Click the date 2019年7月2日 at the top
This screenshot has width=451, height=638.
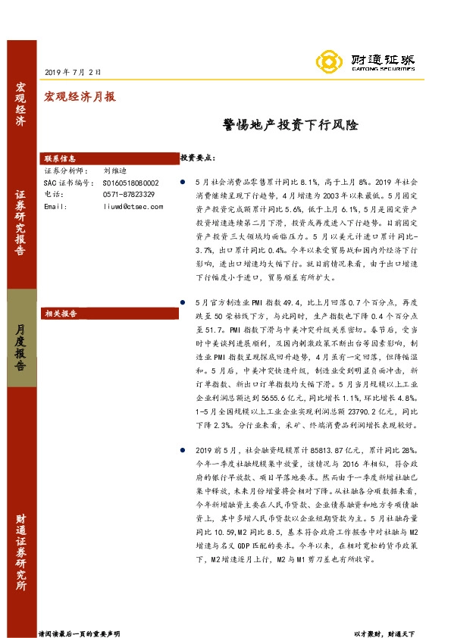(74, 72)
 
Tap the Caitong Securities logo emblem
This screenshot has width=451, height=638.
(328, 61)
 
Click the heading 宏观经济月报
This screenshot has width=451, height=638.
(80, 97)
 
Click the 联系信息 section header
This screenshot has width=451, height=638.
(61, 159)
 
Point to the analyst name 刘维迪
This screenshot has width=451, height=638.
(116, 172)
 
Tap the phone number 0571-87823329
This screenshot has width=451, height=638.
(129, 195)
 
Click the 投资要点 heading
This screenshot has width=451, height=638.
(198, 158)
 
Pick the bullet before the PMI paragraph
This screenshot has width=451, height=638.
(183, 302)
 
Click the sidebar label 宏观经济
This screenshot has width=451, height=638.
(20, 106)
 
